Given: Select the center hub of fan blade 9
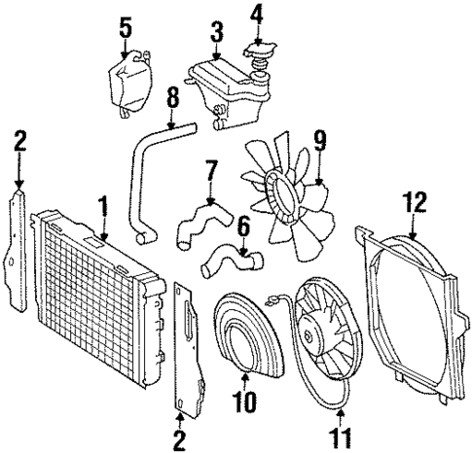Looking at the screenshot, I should click(x=285, y=187).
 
